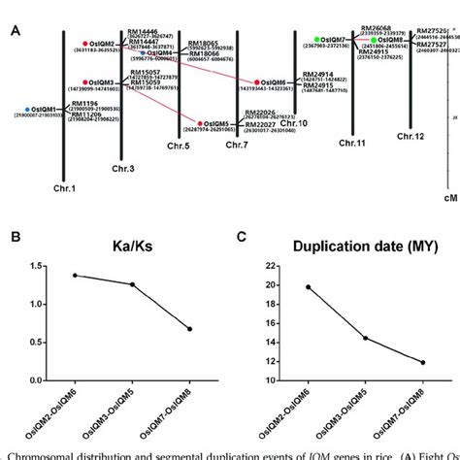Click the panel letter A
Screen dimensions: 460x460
click(16, 29)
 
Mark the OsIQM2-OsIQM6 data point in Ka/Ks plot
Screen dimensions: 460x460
click(75, 275)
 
